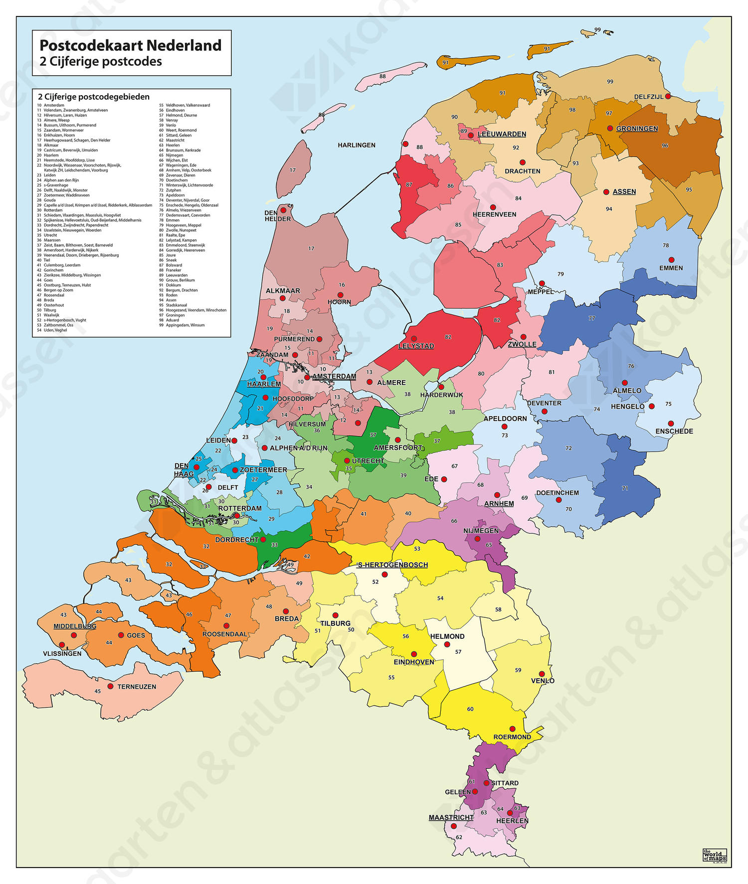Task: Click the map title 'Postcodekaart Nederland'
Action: click(x=130, y=45)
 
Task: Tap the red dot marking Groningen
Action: click(x=610, y=128)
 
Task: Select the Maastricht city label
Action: click(x=451, y=817)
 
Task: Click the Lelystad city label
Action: click(x=416, y=346)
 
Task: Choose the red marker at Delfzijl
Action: click(x=668, y=96)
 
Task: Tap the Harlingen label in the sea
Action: click(x=357, y=145)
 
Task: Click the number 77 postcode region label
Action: click(x=591, y=318)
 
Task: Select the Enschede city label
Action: click(x=674, y=431)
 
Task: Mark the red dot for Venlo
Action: click(x=542, y=674)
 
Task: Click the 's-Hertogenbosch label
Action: click(x=393, y=565)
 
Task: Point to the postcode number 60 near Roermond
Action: click(x=470, y=709)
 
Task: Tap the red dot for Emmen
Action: click(x=671, y=260)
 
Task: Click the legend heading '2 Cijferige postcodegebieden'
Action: click(x=94, y=97)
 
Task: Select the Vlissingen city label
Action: click(x=62, y=653)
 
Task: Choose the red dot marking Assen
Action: click(x=606, y=192)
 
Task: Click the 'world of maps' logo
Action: click(x=714, y=855)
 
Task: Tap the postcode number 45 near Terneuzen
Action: click(x=98, y=691)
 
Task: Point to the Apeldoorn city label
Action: click(x=505, y=419)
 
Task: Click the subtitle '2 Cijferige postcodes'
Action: click(x=101, y=61)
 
